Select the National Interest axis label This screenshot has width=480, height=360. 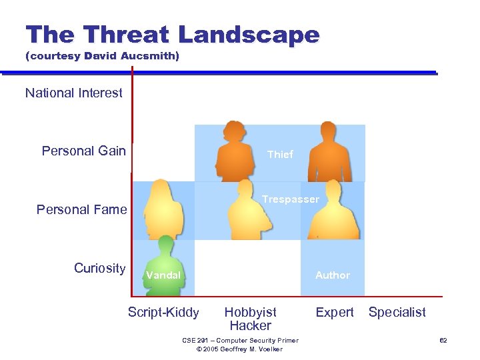74,93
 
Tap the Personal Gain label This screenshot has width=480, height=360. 84,151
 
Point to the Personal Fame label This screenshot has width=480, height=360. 81,209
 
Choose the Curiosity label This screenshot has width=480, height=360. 99,268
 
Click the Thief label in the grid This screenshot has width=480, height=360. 280,154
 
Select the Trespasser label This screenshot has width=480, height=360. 291,199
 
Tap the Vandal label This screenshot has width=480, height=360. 163,275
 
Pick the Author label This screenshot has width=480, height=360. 333,275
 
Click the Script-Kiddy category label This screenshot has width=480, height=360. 163,312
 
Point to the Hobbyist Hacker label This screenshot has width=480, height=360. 251,319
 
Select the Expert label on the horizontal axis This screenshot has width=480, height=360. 335,312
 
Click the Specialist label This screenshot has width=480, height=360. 397,312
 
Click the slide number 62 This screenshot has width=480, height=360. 443,341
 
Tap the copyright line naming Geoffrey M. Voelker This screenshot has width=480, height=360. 241,349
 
